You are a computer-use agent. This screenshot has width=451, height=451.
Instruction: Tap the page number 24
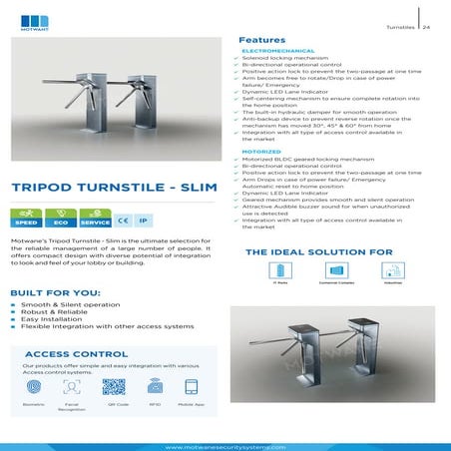[426, 27]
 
